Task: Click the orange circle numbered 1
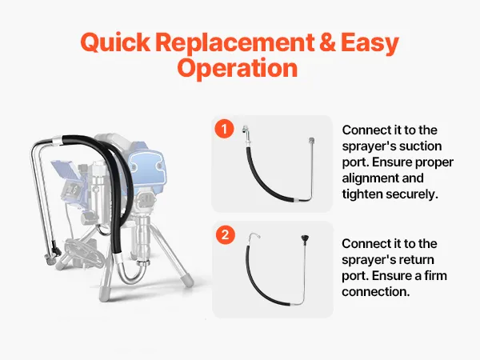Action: click(x=224, y=129)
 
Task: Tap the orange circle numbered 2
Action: click(x=226, y=234)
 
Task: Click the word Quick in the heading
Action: click(x=115, y=42)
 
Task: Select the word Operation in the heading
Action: click(x=238, y=68)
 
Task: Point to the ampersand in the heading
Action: click(x=327, y=42)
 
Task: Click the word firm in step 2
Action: click(x=436, y=275)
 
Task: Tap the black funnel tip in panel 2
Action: click(x=305, y=238)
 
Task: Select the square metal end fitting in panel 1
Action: click(x=312, y=141)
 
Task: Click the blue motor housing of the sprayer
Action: click(x=148, y=169)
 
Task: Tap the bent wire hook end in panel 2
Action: click(x=254, y=236)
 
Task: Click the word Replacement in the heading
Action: click(x=234, y=42)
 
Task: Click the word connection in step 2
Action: click(x=376, y=292)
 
